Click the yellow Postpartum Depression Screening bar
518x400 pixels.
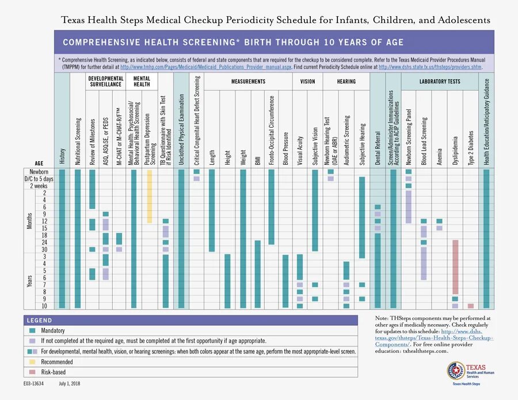coord(150,196)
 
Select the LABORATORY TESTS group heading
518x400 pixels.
coord(440,82)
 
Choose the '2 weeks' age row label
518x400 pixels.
coord(40,186)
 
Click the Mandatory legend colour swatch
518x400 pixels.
coord(33,331)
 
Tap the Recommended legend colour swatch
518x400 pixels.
coord(33,362)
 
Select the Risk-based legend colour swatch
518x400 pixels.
coord(33,372)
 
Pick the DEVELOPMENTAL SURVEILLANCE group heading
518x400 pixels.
coord(106,82)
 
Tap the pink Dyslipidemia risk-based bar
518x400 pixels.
coord(455,268)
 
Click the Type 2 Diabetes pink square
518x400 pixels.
coord(471,306)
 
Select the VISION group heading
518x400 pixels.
coord(308,82)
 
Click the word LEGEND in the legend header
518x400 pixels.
coord(39,321)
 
